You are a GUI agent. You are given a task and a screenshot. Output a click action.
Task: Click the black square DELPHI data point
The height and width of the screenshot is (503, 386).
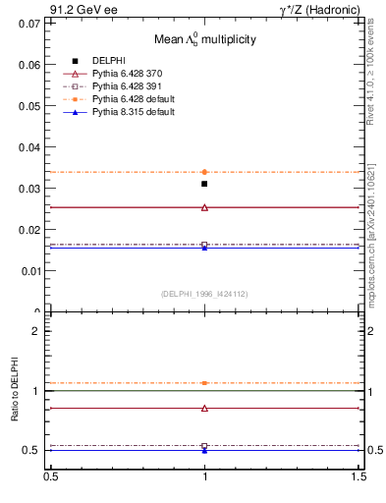point(204,184)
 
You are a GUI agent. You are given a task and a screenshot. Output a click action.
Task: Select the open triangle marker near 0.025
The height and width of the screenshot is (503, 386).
point(204,207)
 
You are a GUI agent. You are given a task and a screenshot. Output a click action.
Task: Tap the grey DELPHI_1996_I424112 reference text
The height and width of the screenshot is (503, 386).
point(204,293)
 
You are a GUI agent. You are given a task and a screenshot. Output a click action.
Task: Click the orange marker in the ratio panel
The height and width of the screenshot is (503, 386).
point(204,382)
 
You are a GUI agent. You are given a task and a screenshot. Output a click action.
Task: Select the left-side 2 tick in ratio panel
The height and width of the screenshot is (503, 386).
point(38,331)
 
